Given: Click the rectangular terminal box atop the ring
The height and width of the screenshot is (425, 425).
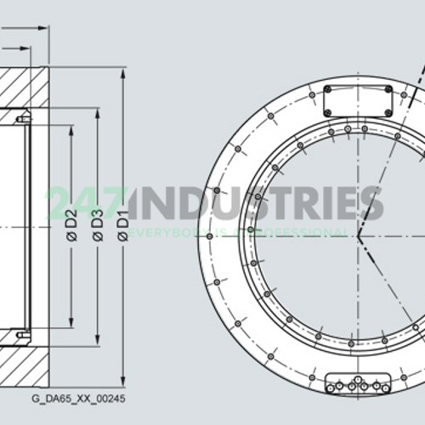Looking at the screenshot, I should pyautogui.click(x=358, y=99).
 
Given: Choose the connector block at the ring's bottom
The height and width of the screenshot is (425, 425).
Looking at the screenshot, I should pyautogui.click(x=358, y=384).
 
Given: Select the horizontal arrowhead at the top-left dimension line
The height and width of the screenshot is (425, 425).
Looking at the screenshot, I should pyautogui.click(x=43, y=27).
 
